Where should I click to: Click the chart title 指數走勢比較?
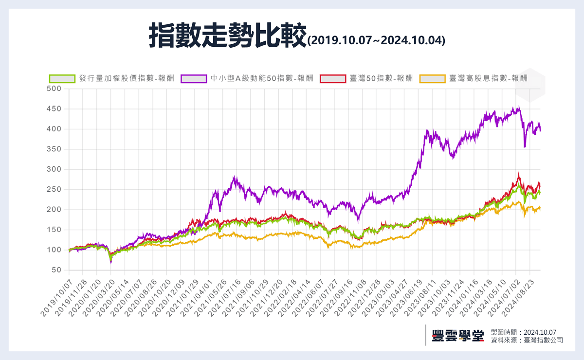227,35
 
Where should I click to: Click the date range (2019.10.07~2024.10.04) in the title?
376,40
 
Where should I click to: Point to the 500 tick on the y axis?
54,89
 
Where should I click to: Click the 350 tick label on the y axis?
54,149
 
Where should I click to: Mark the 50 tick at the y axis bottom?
56,270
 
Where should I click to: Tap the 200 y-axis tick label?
54,210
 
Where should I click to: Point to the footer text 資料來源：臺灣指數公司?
527,340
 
